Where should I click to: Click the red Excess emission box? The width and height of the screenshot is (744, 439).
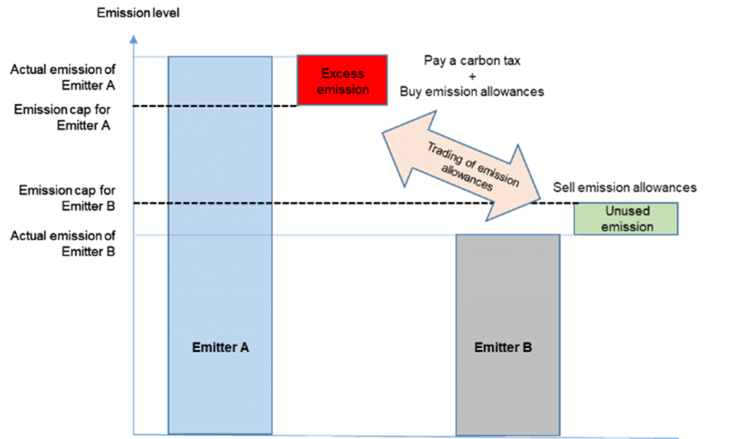tap(342, 81)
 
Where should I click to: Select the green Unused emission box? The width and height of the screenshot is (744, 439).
tap(626, 219)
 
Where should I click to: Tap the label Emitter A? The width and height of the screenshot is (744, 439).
tap(220, 347)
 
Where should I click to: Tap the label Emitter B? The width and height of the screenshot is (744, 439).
tap(503, 347)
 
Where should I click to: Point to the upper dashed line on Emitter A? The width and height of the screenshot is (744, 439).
tap(220, 107)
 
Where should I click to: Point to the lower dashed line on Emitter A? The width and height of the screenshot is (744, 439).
tap(220, 204)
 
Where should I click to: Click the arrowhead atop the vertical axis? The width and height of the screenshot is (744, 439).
tap(134, 39)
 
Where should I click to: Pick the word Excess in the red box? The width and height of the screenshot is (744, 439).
tap(342, 73)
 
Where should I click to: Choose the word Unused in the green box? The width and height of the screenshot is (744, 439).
tap(627, 211)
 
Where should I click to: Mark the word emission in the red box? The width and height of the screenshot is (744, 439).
tap(342, 89)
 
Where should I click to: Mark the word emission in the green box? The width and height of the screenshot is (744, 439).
tap(627, 227)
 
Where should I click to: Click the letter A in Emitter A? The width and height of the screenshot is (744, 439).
tap(244, 347)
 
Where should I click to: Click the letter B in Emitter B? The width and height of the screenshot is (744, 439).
tap(527, 347)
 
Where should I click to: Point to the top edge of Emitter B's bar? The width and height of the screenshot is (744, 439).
tap(507, 235)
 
